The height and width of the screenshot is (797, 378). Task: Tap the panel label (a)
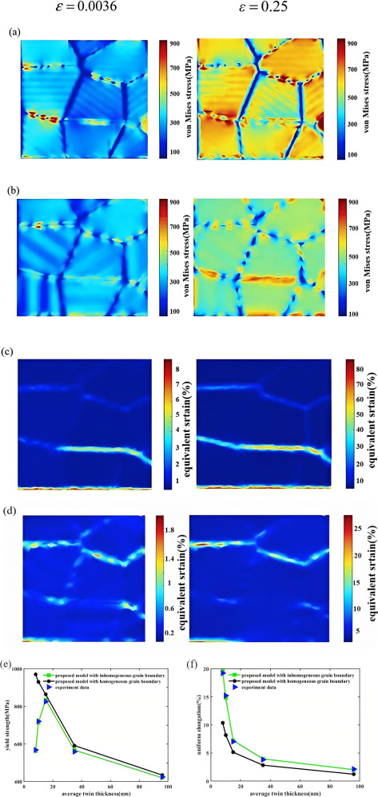13,34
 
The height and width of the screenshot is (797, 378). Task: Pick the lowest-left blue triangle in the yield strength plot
36,728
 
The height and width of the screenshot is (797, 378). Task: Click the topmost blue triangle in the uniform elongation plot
223,651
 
